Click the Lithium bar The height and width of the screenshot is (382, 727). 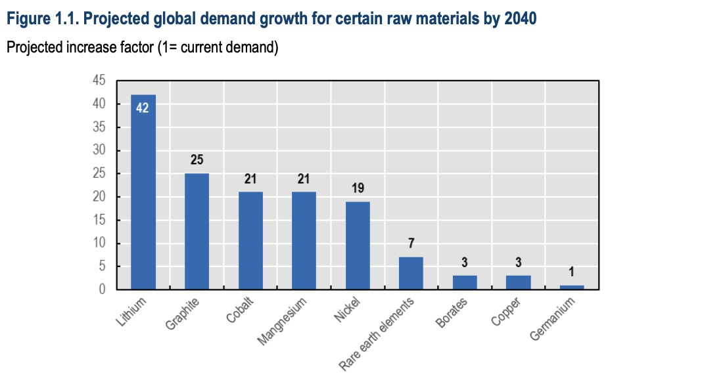point(143,197)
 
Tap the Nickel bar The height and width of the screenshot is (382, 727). point(358,246)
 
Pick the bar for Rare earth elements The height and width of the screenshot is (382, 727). point(411,274)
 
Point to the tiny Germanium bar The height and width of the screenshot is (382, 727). point(572,287)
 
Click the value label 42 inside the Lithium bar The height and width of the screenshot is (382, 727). point(143,108)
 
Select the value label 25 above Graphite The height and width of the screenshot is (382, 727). point(197,160)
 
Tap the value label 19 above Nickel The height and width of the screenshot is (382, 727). point(358,188)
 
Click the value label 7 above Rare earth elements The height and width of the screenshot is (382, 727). point(411,244)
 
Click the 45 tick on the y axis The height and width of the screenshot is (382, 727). point(99,81)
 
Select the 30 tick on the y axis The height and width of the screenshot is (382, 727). point(99,151)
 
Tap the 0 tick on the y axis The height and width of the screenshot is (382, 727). point(102,289)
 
